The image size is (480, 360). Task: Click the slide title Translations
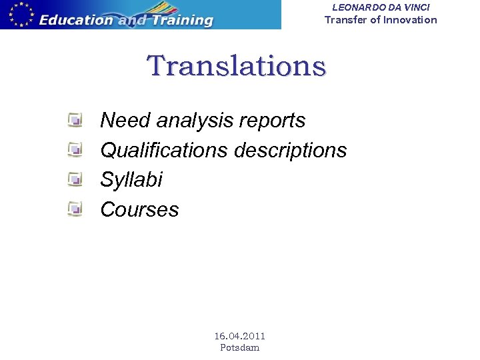coord(237,66)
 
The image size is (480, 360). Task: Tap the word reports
coord(273,121)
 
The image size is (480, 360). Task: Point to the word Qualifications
coord(164,150)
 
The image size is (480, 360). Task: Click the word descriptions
coord(290,150)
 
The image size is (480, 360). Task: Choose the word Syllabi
coord(131,180)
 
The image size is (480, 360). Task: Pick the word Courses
coord(139,209)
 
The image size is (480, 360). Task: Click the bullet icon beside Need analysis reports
coord(75,121)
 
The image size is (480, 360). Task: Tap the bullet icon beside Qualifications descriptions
coord(75,150)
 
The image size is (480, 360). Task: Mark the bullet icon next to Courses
coord(75,209)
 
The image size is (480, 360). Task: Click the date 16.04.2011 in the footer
coord(239,336)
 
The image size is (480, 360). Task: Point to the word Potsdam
coord(239,347)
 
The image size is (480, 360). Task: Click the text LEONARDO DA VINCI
coord(381,7)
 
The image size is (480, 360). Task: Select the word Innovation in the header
coord(410,20)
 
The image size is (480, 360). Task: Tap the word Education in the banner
coord(75,19)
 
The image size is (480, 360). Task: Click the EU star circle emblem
coord(18,13)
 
